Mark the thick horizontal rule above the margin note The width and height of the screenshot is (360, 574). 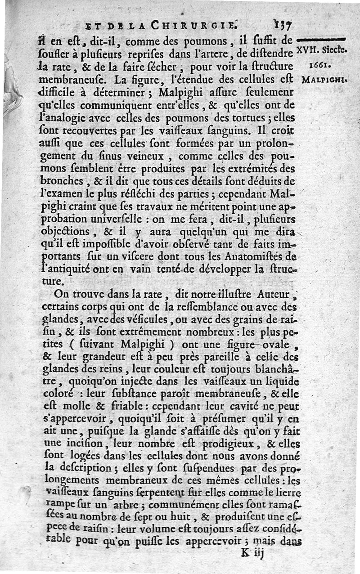tap(320, 40)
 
